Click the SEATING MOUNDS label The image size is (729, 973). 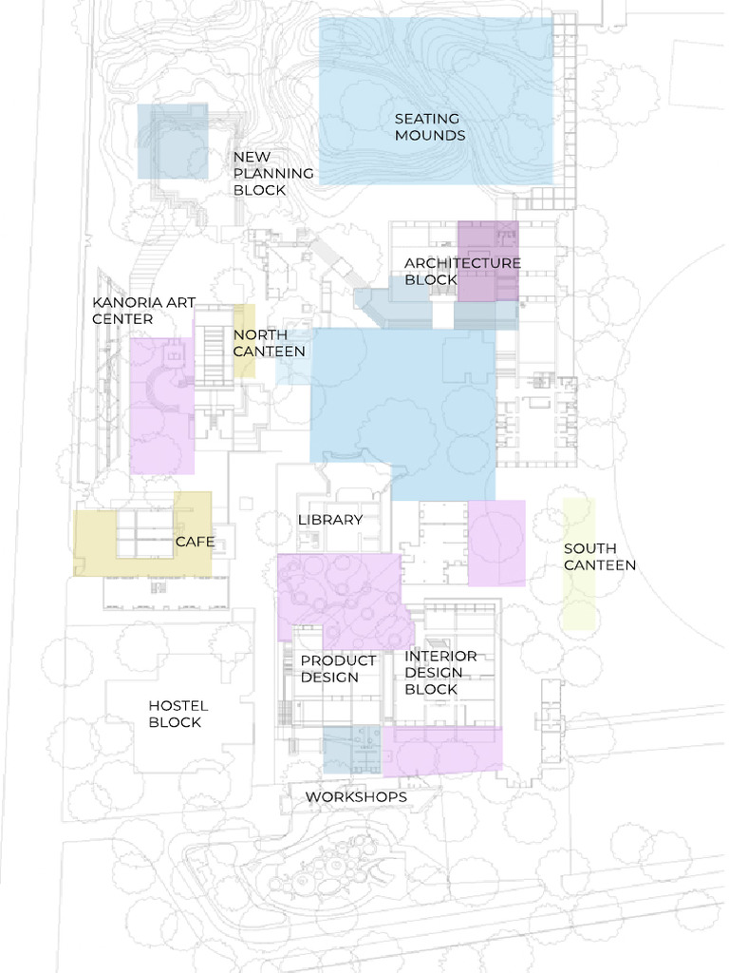click(430, 127)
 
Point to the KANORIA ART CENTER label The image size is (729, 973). click(143, 311)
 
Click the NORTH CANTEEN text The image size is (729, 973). click(270, 343)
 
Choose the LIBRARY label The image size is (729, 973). click(330, 520)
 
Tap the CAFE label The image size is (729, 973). click(195, 543)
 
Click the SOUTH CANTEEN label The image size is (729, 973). click(600, 557)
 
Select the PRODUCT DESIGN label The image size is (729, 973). click(338, 669)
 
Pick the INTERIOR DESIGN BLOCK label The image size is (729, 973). click(440, 673)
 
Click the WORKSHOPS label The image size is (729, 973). click(356, 797)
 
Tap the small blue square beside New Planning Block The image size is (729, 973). click(172, 142)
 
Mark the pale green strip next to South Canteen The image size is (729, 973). click(578, 563)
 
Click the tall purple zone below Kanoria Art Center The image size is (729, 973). click(162, 406)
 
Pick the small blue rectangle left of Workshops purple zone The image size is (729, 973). click(351, 750)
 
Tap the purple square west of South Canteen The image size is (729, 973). click(496, 543)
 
